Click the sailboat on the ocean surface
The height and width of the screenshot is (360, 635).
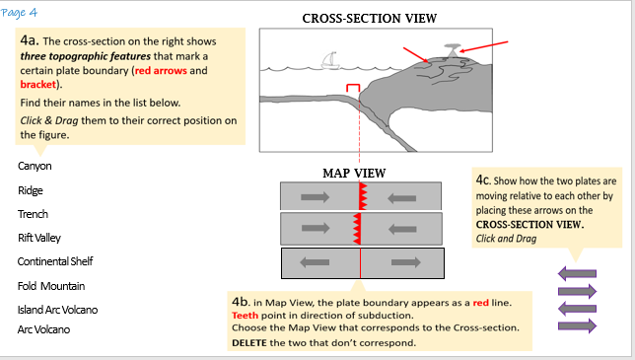(x=330, y=60)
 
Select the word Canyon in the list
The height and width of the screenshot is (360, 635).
(x=35, y=166)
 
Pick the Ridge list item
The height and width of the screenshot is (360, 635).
(x=31, y=190)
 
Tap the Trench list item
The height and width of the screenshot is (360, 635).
(x=33, y=214)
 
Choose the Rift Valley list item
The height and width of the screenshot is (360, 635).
(x=39, y=238)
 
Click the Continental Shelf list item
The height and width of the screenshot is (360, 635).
(x=55, y=261)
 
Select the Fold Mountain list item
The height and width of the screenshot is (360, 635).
(x=51, y=286)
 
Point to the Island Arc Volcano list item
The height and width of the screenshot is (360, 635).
(x=57, y=310)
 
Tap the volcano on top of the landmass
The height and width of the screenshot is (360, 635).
(x=452, y=50)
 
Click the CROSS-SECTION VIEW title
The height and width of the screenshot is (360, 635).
(x=370, y=19)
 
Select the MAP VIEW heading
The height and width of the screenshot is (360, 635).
(x=354, y=174)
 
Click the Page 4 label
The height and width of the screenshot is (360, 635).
(x=19, y=13)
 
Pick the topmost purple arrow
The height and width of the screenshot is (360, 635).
(x=577, y=274)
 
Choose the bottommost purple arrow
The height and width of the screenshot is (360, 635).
(x=577, y=326)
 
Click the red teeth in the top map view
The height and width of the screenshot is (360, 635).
(x=363, y=196)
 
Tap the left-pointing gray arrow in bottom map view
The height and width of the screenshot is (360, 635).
(x=315, y=262)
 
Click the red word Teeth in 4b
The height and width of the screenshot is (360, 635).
(x=245, y=315)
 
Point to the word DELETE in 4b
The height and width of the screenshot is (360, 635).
(x=249, y=343)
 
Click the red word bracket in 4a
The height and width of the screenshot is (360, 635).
(x=38, y=84)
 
